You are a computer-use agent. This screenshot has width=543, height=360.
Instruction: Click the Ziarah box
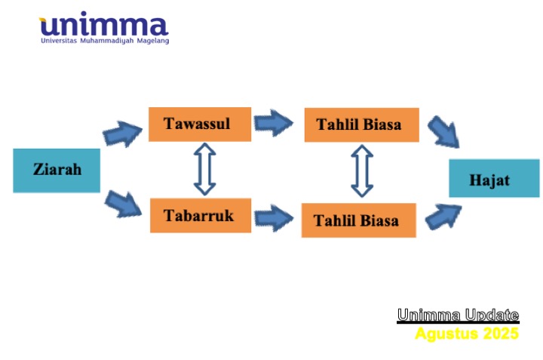(57, 171)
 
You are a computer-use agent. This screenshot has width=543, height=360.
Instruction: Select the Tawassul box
(200, 124)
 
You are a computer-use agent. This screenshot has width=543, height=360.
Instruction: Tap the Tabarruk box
(201, 215)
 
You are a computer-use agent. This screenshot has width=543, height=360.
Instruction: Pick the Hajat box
(494, 178)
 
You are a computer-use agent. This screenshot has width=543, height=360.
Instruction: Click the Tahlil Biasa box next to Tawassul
(361, 125)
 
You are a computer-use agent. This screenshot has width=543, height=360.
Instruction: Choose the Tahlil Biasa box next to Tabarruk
(359, 220)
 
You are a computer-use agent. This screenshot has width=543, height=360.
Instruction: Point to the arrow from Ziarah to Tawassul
(123, 134)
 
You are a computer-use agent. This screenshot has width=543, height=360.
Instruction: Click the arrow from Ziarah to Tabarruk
(123, 204)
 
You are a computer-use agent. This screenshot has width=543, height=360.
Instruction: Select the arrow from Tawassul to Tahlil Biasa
(274, 123)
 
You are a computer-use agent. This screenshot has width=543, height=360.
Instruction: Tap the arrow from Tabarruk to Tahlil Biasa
(274, 218)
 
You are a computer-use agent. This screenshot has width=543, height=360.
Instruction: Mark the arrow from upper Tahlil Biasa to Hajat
(443, 132)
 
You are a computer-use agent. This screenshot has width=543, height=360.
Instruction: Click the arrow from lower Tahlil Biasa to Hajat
(443, 217)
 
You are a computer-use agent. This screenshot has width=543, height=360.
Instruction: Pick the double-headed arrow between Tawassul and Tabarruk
(204, 169)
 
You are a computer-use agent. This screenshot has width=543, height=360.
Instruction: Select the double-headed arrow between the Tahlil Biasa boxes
(362, 171)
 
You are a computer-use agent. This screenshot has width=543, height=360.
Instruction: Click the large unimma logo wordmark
(104, 23)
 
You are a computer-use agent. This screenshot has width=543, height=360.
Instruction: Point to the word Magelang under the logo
(153, 41)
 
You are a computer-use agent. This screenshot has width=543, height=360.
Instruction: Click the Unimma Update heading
(458, 315)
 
